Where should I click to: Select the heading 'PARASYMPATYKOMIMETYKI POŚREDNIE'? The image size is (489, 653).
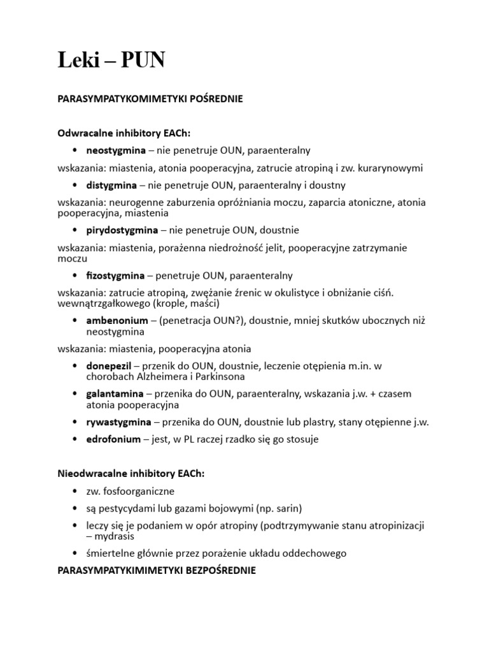[150, 99]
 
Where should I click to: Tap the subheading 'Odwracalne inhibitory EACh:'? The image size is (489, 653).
[124, 132]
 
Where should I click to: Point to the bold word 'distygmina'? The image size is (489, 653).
[111, 186]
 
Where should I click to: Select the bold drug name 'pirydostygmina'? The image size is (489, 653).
[119, 230]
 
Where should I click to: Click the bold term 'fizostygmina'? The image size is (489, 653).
[115, 275]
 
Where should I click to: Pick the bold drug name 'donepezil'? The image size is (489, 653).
[109, 365]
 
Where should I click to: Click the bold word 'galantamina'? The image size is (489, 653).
[115, 393]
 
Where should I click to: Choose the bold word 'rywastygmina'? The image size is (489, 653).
[118, 422]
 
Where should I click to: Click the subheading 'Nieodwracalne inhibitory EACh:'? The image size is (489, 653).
[131, 474]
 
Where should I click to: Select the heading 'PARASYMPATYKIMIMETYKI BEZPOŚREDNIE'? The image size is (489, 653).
[157, 571]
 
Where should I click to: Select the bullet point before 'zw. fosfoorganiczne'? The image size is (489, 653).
[76, 492]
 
